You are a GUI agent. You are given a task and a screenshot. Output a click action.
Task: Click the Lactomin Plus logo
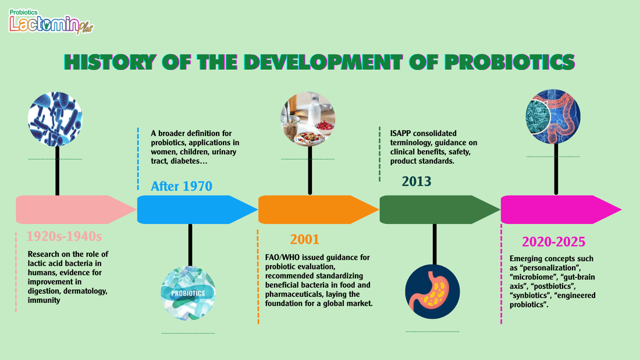[x=51, y=22]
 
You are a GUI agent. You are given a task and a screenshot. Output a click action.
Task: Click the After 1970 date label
[x=182, y=186]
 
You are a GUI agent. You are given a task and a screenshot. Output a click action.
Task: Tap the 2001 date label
[x=304, y=239]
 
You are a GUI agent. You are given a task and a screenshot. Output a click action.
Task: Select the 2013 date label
[x=417, y=181]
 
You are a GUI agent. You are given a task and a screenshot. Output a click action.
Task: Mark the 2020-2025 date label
[x=553, y=241]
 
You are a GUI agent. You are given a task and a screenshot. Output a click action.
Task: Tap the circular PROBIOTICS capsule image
[x=188, y=293]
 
